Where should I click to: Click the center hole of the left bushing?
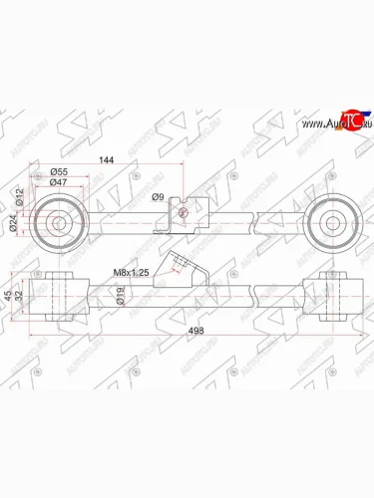click(57, 223)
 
